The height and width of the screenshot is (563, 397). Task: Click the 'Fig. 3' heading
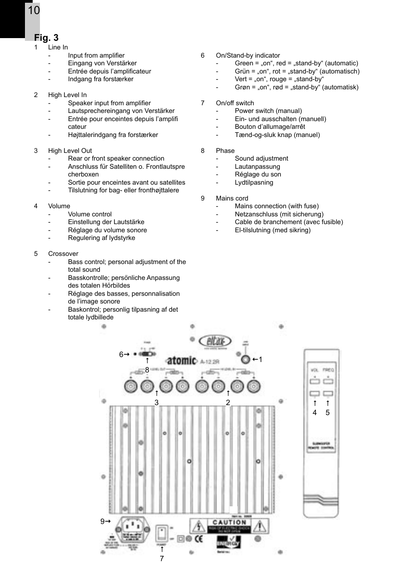pyautogui.click(x=46, y=38)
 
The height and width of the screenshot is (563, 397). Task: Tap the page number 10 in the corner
pyautogui.click(x=34, y=10)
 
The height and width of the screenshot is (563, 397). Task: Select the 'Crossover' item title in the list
pyautogui.click(x=63, y=254)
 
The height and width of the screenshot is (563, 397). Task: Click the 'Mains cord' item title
pyautogui.click(x=232, y=198)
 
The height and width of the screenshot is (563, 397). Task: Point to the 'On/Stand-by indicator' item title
pyautogui.click(x=248, y=55)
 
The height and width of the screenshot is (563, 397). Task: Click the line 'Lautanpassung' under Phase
pyautogui.click(x=257, y=166)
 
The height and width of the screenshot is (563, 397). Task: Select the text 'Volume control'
pyautogui.click(x=89, y=214)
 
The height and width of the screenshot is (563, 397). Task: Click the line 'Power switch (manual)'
pyautogui.click(x=268, y=111)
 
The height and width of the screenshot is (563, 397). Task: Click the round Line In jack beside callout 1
pyautogui.click(x=245, y=360)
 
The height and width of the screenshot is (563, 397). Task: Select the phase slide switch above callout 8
pyautogui.click(x=147, y=353)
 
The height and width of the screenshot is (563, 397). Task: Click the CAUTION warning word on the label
pyautogui.click(x=229, y=523)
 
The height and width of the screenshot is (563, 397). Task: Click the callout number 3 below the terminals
pyautogui.click(x=156, y=402)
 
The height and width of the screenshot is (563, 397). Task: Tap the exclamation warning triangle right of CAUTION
pyautogui.click(x=260, y=526)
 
